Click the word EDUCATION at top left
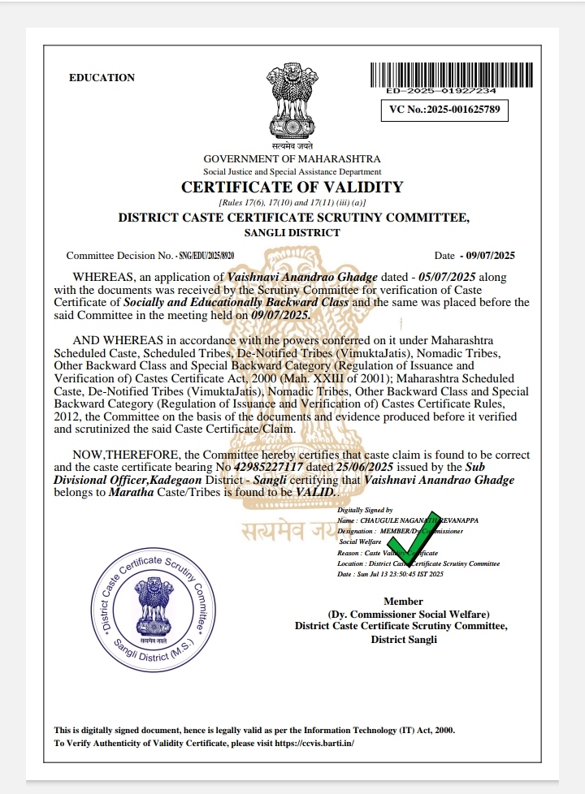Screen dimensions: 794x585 (x=102, y=78)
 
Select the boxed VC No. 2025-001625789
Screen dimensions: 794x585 (x=444, y=108)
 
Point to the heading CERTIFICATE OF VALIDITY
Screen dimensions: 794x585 (x=292, y=188)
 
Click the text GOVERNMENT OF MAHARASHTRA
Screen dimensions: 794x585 (x=292, y=159)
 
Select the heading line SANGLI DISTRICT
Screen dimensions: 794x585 (x=292, y=232)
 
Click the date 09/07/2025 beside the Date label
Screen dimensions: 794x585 (x=487, y=255)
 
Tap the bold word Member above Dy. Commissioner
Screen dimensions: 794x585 (x=403, y=602)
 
